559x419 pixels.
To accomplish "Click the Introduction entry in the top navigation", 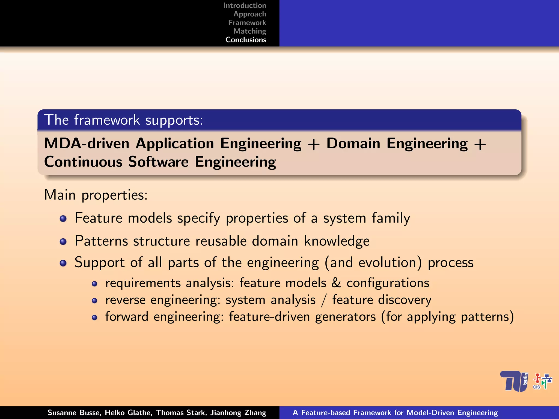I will point(245,5).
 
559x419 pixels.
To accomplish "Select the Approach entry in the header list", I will point(249,14).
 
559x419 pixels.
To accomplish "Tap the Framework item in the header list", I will point(247,22).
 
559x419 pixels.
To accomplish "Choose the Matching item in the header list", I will point(249,31).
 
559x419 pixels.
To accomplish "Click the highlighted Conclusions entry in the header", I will point(246,40).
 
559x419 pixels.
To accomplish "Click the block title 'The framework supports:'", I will point(124,120).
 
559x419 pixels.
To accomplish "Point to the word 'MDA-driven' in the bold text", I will point(87,143).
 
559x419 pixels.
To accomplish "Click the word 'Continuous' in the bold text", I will point(83,162).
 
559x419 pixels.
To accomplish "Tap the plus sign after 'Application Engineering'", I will point(314,144).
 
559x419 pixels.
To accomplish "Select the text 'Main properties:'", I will point(96,195).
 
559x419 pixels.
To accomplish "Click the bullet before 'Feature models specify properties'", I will point(63,219).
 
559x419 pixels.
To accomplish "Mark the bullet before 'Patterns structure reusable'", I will point(63,241).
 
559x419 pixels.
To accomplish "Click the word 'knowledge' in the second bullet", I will point(337,241).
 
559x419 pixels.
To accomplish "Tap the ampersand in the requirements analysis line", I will point(336,283).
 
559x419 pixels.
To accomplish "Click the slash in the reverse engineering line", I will point(324,300).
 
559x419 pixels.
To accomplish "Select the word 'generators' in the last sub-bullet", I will point(345,317).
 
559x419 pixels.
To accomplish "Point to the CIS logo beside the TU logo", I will point(542,381).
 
